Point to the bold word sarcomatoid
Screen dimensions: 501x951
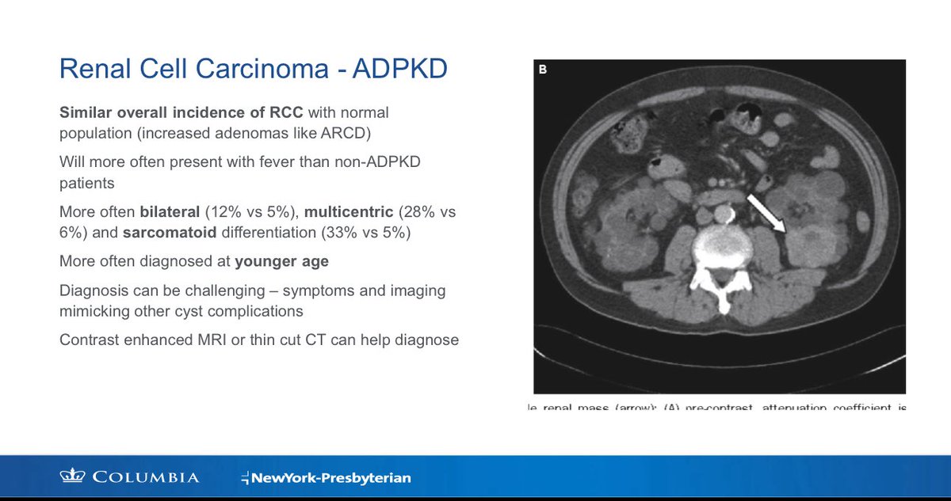(x=170, y=233)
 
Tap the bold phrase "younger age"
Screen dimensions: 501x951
(x=282, y=262)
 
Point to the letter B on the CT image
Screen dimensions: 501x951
(x=543, y=70)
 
